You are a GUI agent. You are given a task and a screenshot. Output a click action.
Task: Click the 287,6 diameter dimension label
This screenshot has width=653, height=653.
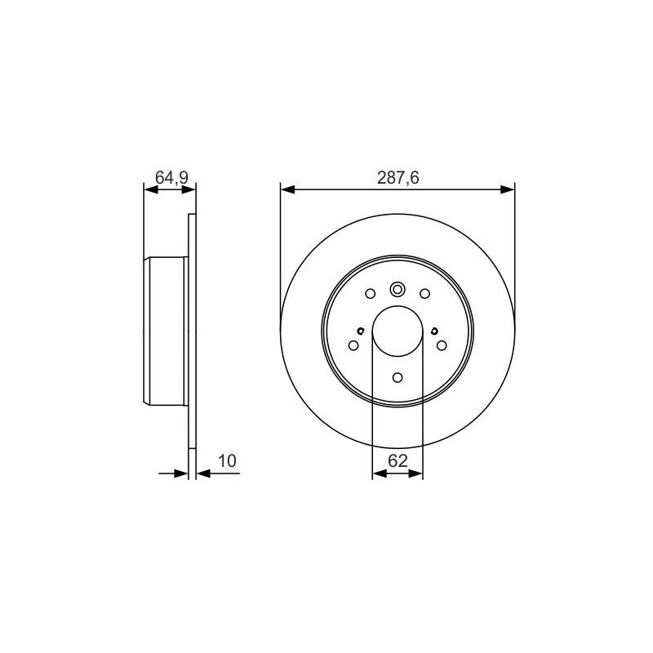[398, 178]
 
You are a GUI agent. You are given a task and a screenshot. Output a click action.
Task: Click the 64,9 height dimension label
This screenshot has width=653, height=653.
[171, 177]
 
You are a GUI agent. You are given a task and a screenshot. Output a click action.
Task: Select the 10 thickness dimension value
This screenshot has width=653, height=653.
[227, 461]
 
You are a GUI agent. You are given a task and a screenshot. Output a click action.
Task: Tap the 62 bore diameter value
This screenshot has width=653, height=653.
[398, 461]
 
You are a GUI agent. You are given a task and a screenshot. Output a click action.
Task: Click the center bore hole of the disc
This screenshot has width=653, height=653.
[398, 331]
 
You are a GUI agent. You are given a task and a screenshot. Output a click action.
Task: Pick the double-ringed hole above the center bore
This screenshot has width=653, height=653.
[398, 289]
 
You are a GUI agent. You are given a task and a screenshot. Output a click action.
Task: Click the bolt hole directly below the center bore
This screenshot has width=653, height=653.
[398, 378]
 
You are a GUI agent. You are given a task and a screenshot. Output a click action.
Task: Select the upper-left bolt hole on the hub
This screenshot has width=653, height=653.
[371, 294]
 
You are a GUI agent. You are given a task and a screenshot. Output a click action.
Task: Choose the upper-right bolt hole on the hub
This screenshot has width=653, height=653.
[424, 294]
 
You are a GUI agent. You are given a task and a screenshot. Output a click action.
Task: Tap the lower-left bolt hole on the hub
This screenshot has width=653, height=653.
[353, 345]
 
